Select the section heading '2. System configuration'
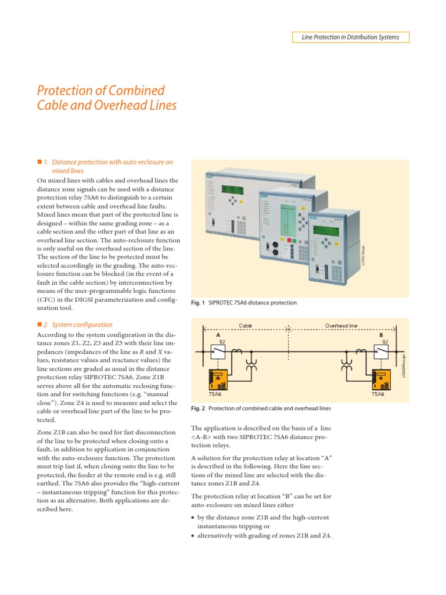(78, 325)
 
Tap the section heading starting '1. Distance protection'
(108, 162)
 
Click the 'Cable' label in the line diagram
(246, 327)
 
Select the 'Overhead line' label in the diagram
(341, 327)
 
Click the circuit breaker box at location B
(381, 351)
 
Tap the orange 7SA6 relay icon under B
(381, 381)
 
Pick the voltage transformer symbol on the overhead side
(348, 365)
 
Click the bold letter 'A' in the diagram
(218, 335)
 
